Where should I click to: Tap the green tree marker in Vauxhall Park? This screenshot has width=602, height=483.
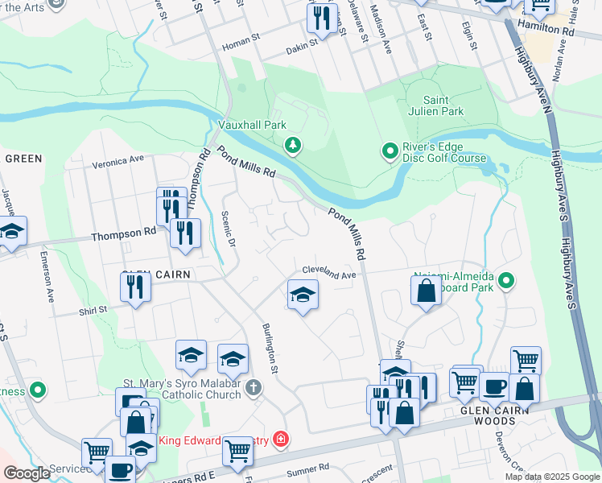click(294, 145)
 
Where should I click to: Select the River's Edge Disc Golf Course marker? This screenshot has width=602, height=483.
click(390, 151)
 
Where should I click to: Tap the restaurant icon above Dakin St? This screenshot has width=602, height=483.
click(321, 17)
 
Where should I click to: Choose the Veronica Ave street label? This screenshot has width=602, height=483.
click(118, 161)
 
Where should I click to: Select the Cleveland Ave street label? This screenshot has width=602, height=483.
click(328, 274)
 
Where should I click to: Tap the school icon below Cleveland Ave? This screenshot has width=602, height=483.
click(303, 295)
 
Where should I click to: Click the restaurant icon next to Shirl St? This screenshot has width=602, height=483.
click(136, 287)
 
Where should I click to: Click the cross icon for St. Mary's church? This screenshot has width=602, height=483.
click(254, 388)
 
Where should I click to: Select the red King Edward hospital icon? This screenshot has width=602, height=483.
click(280, 440)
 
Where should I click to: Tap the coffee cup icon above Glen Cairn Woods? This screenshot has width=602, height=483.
click(494, 386)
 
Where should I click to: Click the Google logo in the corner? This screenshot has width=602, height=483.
click(27, 473)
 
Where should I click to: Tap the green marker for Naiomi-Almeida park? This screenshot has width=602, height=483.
click(506, 281)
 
